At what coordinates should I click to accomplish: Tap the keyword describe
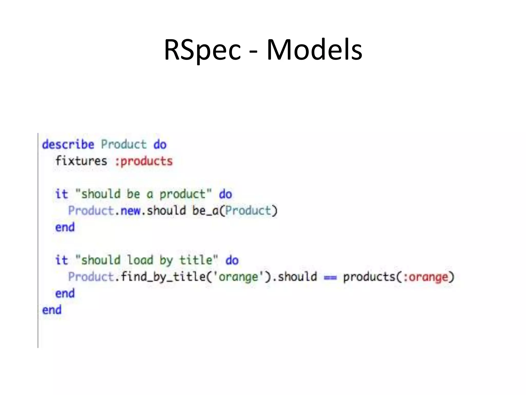[x=68, y=145]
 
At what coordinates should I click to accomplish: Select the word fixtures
[x=81, y=161]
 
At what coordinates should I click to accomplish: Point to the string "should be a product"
[x=144, y=194]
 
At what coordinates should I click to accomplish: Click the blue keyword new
[x=130, y=211]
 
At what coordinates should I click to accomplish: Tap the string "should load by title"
[x=147, y=260]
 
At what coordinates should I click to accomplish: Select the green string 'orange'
[x=238, y=277]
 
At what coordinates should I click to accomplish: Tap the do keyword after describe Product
[x=160, y=145]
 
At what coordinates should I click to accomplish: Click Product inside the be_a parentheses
[x=248, y=211]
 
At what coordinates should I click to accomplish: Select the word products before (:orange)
[x=369, y=277]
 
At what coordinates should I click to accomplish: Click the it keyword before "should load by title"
[x=62, y=260]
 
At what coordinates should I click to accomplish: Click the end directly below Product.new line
[x=65, y=228]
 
